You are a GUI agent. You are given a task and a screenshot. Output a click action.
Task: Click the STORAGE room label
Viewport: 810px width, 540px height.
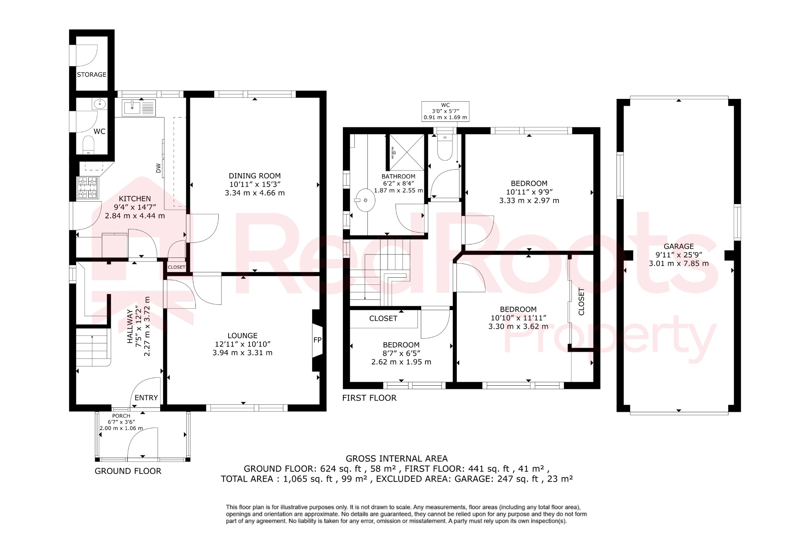pos(91,74)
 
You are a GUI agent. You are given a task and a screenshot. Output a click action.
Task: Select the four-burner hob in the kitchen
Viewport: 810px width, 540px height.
pos(88,188)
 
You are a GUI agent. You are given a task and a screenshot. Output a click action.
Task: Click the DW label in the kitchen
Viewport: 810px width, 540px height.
pos(159,168)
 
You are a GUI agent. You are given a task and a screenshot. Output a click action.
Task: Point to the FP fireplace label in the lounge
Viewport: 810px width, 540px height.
pos(317,340)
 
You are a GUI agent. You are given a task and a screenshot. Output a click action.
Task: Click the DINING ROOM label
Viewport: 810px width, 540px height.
pos(255,176)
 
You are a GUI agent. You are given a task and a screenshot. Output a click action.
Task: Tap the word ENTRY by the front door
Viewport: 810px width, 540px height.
pos(146,398)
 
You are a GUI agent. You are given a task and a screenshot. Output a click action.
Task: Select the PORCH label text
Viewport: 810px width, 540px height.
pos(121,416)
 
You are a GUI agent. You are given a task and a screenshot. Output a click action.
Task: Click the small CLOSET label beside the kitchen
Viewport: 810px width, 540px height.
pos(176,267)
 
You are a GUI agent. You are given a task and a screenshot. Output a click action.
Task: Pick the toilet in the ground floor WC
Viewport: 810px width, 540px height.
pos(88,144)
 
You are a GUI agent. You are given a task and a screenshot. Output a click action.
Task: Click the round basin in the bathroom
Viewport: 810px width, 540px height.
pos(364,200)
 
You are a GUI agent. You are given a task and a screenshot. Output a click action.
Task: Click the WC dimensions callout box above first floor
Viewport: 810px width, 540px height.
pos(445,111)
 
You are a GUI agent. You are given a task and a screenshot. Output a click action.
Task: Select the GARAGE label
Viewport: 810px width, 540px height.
pos(679,246)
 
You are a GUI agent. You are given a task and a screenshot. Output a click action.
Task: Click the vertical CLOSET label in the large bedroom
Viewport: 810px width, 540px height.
pos(581,301)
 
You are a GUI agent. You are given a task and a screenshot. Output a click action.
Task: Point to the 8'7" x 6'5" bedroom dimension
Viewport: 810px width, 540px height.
pos(401,353)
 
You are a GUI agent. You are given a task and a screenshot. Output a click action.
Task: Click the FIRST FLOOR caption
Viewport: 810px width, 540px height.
pos(369,398)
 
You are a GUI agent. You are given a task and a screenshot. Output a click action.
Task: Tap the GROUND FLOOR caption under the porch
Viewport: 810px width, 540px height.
pos(128,471)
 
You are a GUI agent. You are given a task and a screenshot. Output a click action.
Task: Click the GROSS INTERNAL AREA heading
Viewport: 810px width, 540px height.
pos(397,459)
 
